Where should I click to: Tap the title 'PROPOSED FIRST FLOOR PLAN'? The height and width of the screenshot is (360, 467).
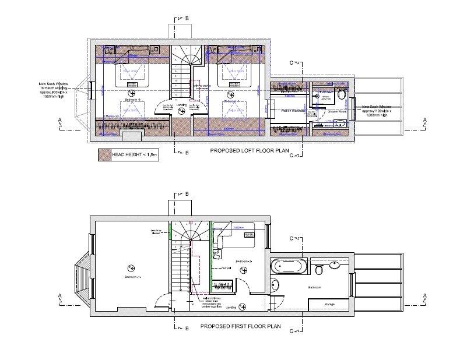point(241,327)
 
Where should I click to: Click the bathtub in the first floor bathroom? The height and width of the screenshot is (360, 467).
point(287,267)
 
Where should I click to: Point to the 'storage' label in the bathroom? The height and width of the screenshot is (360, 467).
point(329,303)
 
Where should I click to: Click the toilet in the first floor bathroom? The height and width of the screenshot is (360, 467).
point(319,269)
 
